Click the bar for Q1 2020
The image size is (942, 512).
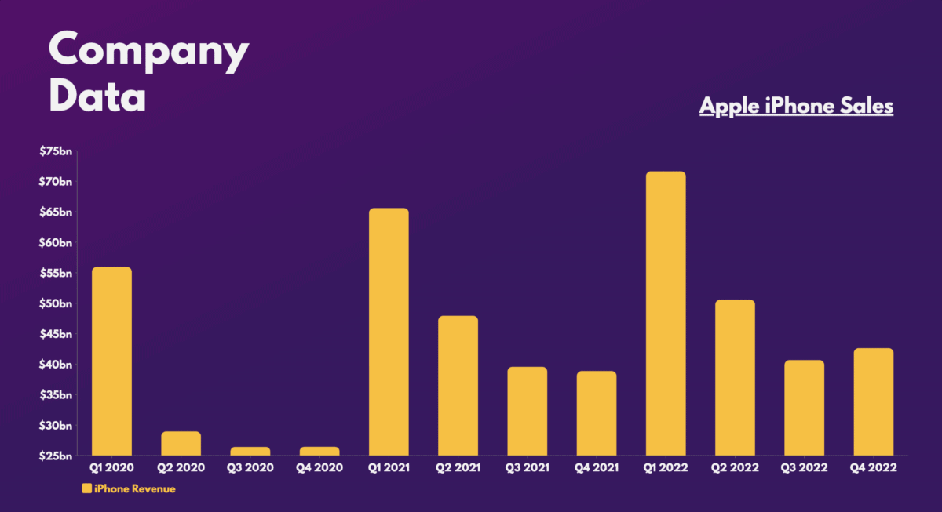[111, 361]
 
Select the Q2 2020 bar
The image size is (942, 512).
[181, 444]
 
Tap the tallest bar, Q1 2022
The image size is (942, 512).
[666, 314]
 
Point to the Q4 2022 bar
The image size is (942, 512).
[874, 402]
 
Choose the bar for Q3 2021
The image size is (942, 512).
[528, 412]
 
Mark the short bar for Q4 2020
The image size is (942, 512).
[319, 451]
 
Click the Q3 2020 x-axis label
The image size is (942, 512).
[250, 467]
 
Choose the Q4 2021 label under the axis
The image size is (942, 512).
[597, 467]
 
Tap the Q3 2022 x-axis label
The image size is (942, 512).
[805, 467]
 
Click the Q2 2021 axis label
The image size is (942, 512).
[458, 467]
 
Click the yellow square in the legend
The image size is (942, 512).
[86, 488]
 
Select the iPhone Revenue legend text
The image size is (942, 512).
[134, 488]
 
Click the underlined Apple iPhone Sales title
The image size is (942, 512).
[796, 106]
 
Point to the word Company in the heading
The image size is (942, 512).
[148, 52]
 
